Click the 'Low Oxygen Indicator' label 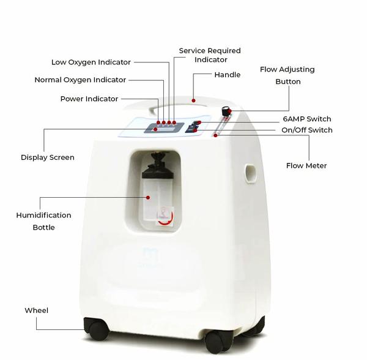[91, 62]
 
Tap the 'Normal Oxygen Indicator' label [80, 80]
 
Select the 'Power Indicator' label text [89, 99]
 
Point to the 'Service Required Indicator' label [210, 55]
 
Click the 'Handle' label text [228, 75]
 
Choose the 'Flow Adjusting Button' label [287, 75]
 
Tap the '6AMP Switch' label [307, 119]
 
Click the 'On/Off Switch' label [307, 130]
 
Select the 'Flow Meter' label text [306, 166]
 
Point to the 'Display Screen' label [48, 157]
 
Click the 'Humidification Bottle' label [44, 221]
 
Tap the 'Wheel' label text [37, 310]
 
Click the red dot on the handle [193, 100]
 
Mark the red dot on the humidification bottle [148, 198]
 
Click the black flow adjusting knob [226, 111]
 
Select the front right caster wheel [216, 342]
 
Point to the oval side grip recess [250, 173]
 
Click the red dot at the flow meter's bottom [215, 135]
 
